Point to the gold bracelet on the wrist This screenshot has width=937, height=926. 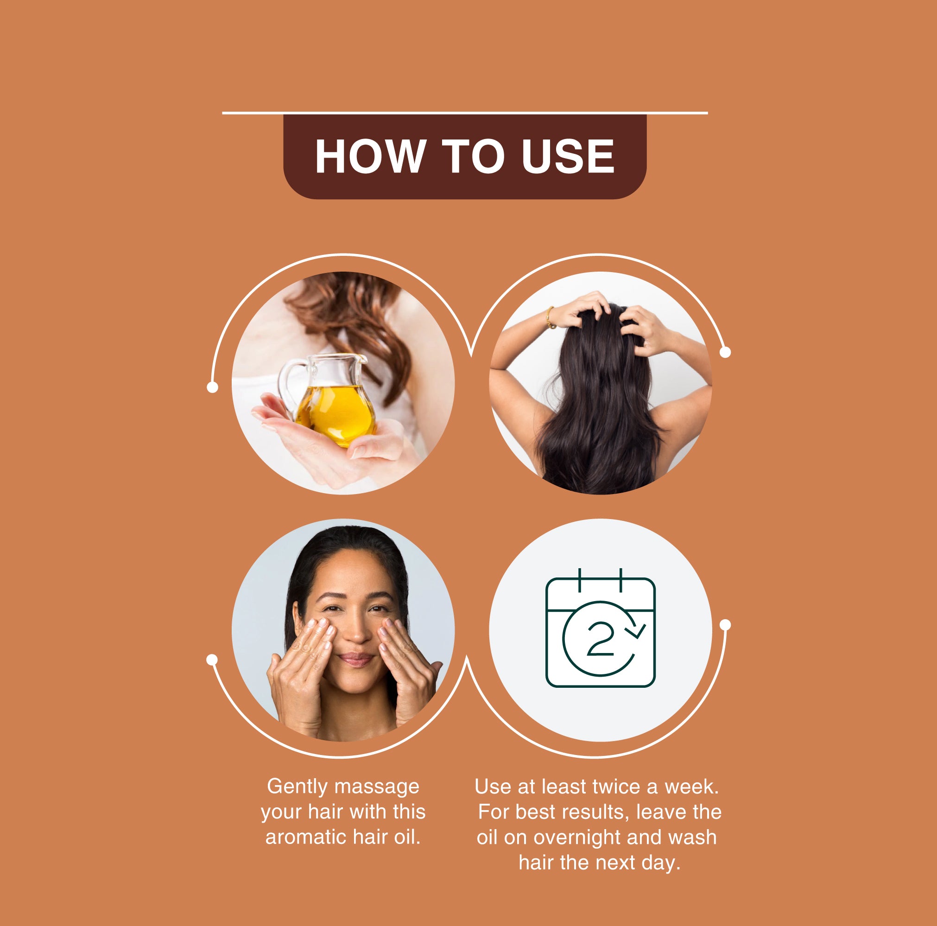click(x=550, y=318)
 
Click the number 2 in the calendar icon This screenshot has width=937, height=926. click(x=601, y=639)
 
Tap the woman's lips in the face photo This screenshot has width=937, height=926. click(x=356, y=659)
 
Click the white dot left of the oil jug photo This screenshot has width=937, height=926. click(x=212, y=387)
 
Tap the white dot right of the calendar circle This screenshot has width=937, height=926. click(x=725, y=625)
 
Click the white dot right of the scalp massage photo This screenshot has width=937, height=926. click(x=725, y=352)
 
